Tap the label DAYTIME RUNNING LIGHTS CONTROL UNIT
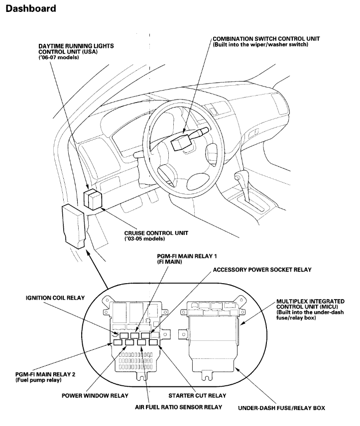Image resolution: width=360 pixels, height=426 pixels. (76, 48)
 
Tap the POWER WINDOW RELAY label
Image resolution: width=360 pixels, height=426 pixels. (94, 396)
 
